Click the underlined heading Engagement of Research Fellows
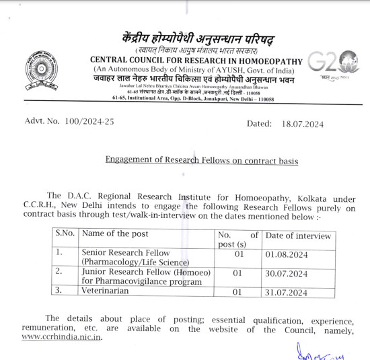201,161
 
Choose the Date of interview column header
299,236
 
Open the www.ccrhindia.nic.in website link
62,336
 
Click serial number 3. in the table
60,291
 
